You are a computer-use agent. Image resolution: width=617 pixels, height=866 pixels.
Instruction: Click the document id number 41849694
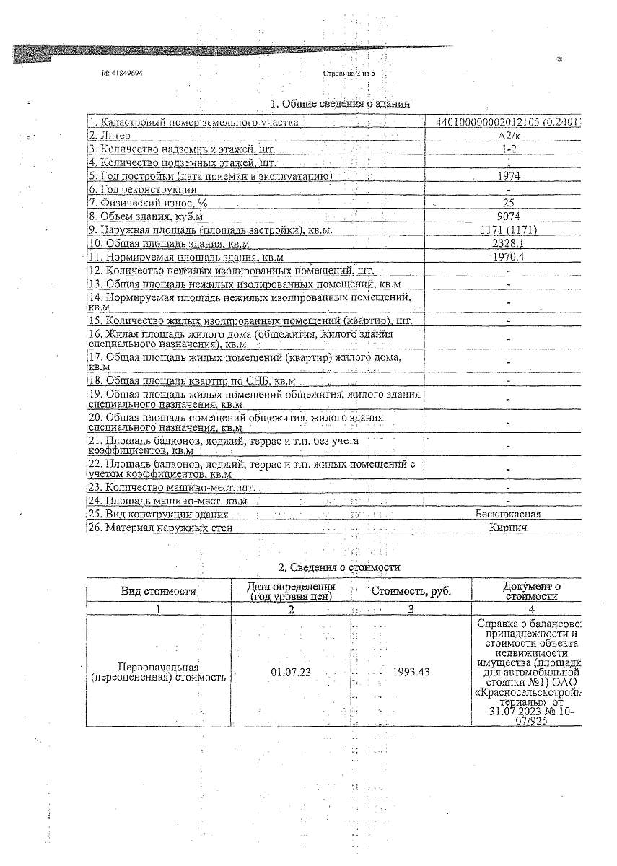pos(128,74)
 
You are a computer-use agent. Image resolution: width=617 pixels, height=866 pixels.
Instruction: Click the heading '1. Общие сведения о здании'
pos(340,104)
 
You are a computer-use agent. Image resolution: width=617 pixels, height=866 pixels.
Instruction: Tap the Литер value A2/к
pos(509,136)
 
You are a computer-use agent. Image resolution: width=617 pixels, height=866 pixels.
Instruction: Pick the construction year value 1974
pos(509,176)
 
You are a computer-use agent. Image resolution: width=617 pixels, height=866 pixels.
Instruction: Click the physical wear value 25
pos(509,203)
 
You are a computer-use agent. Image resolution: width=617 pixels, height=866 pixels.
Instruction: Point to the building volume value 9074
pos(509,216)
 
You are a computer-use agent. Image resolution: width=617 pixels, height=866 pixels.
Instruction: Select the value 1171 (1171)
pos(509,230)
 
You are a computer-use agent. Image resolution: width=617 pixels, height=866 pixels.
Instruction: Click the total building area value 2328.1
pos(509,243)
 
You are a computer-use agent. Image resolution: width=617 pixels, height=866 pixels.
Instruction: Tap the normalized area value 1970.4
pos(509,257)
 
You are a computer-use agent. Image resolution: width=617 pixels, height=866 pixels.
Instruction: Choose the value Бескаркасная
pos(508,515)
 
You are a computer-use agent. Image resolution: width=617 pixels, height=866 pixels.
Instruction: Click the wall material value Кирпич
pos(508,528)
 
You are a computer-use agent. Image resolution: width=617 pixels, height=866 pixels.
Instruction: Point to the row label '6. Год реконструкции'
pos(143,189)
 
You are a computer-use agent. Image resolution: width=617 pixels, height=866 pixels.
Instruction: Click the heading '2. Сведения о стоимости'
pos(339,568)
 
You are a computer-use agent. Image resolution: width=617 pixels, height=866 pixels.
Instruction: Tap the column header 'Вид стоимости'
pos(159,591)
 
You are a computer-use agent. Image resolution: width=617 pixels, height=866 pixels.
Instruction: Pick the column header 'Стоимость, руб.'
pos(411,591)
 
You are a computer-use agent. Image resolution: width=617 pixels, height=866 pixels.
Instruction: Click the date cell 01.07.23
pos(291,672)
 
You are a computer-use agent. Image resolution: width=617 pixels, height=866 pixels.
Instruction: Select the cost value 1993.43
pos(411,672)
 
